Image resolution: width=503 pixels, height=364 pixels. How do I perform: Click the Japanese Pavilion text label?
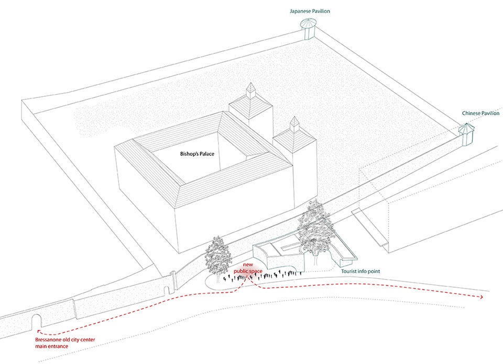tap(310, 11)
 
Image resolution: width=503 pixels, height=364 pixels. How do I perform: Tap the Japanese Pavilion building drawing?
tap(308, 29)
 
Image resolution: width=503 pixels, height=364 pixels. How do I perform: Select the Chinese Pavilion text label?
tap(480, 113)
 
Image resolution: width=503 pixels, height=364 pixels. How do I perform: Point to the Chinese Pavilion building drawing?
tap(466, 134)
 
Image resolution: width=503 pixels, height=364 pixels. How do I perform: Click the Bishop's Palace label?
tap(197, 154)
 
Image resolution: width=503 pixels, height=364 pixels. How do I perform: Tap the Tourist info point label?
tap(360, 271)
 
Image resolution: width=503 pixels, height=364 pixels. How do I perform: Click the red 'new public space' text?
tap(248, 268)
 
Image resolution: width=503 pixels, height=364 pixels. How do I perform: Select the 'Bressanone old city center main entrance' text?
tap(65, 343)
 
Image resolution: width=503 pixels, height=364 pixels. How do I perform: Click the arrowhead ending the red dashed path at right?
tap(482, 297)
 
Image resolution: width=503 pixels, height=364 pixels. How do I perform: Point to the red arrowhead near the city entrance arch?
tap(39, 331)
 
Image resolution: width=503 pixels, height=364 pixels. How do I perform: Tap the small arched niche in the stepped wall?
tap(167, 290)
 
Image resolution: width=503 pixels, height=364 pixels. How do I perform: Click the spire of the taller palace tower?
tap(250, 90)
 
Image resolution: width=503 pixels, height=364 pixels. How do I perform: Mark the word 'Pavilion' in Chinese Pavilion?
tap(490, 113)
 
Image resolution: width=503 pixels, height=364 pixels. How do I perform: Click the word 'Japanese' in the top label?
tap(300, 11)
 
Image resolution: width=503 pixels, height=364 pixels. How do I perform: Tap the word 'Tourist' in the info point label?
tap(348, 271)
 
